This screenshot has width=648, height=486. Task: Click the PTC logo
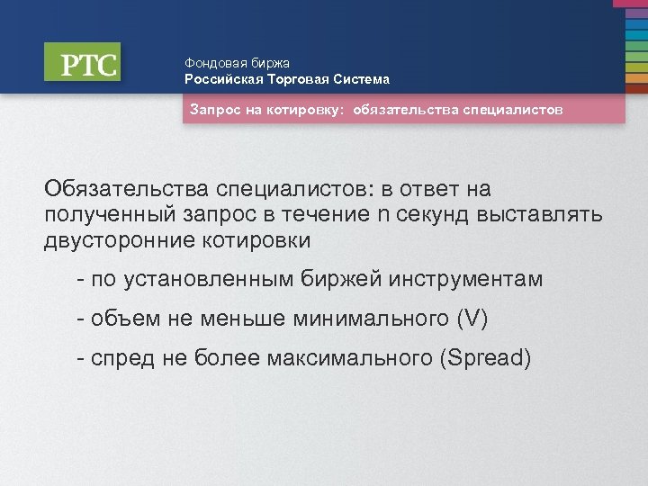pos(82,63)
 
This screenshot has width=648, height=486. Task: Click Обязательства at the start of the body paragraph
pos(126,190)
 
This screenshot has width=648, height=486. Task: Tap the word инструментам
pos(466,280)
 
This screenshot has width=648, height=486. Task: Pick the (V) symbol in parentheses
pos(472,319)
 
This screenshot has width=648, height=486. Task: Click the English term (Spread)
pos(484,359)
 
